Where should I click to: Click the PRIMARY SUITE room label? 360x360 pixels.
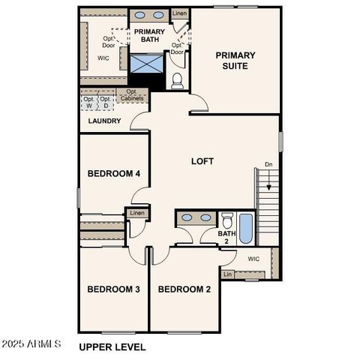235,60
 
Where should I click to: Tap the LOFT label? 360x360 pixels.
202,160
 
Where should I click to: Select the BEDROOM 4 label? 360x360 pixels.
113,174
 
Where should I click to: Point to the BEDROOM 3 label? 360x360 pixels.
113,289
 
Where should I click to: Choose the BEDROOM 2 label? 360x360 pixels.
184,289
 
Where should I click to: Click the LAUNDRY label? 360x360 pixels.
104,121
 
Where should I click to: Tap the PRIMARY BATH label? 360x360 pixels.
148,36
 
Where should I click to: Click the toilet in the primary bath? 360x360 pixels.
178,81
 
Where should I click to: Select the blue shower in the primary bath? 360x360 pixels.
147,64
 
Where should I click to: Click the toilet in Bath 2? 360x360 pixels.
227,220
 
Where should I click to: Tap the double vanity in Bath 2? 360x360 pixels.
196,217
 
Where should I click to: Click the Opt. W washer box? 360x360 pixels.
88,102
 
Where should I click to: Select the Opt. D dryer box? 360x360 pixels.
106,102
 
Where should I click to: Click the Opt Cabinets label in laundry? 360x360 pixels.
131,95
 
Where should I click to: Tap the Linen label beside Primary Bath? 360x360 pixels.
180,14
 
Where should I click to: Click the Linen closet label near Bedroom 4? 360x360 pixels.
136,214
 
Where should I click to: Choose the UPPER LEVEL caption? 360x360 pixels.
112,347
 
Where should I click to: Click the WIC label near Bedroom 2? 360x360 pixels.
253,259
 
